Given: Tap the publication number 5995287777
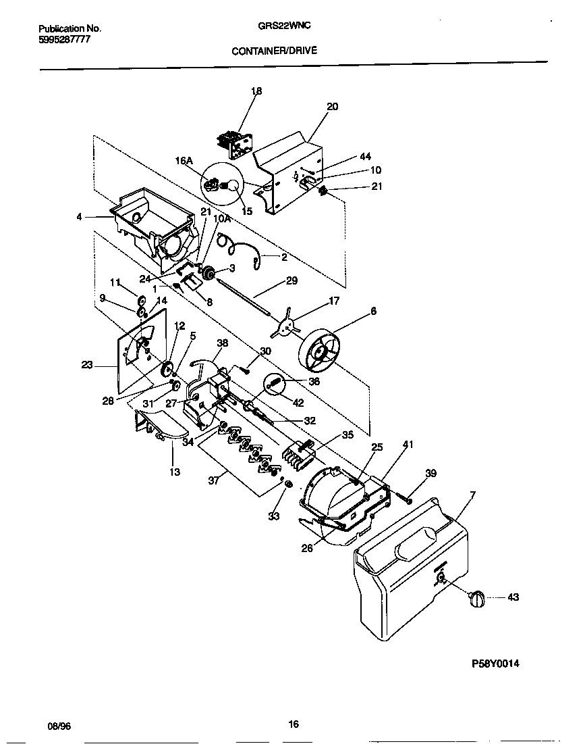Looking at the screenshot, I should [x=64, y=39].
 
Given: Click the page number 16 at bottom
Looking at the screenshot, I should [x=293, y=724].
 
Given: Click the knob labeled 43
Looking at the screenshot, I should [x=476, y=597].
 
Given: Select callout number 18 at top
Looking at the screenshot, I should [x=256, y=91].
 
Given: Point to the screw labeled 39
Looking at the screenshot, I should [x=407, y=497].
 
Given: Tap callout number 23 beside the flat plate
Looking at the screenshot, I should [x=87, y=366].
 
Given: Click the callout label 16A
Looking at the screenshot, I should [x=184, y=160].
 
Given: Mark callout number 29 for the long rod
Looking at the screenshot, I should [x=291, y=280].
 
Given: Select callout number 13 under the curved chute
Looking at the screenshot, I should [x=175, y=472].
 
